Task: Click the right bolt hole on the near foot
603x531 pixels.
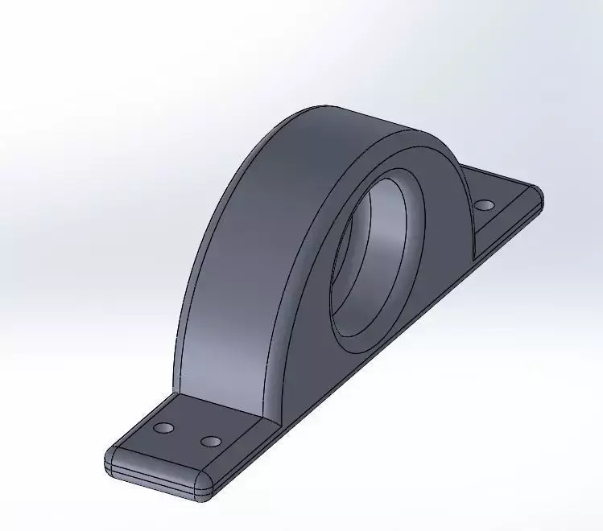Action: tap(211, 442)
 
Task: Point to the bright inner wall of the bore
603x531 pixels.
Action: tap(394, 241)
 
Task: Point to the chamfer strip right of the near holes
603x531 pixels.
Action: tap(242, 451)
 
